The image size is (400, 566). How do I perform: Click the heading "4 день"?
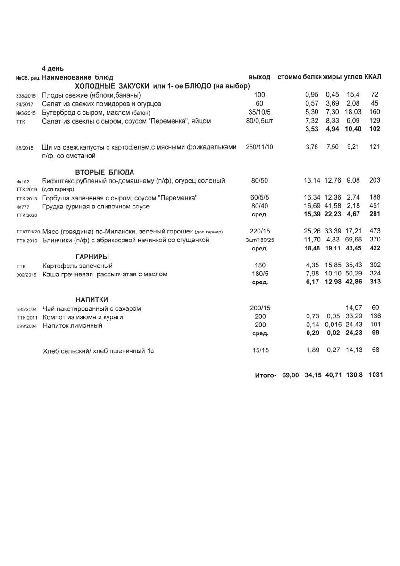click(x=53, y=69)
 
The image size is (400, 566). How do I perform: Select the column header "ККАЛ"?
click(x=373, y=77)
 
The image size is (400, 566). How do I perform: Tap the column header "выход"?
click(x=259, y=77)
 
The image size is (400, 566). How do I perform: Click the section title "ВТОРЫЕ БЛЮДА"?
click(x=105, y=172)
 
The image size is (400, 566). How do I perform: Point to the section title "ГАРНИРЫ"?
click(x=92, y=257)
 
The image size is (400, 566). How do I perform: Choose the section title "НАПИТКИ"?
click(x=92, y=300)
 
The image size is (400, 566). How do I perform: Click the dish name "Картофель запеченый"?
click(x=77, y=266)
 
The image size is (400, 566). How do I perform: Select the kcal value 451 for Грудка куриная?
click(x=375, y=206)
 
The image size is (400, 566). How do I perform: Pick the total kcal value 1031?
click(x=375, y=375)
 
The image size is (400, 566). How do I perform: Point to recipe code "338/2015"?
click(x=25, y=95)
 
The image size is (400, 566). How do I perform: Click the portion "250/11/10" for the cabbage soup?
click(x=259, y=147)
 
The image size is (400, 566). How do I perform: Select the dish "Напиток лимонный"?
click(x=72, y=325)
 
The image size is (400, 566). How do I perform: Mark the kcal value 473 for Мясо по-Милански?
click(x=375, y=232)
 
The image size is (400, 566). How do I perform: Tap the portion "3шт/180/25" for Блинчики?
click(x=259, y=240)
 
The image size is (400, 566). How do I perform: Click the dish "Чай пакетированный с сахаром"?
click(x=92, y=308)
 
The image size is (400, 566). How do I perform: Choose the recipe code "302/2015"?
click(x=26, y=275)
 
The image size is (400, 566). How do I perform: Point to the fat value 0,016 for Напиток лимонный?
click(x=333, y=325)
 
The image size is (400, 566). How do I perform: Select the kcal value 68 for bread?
click(x=375, y=350)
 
